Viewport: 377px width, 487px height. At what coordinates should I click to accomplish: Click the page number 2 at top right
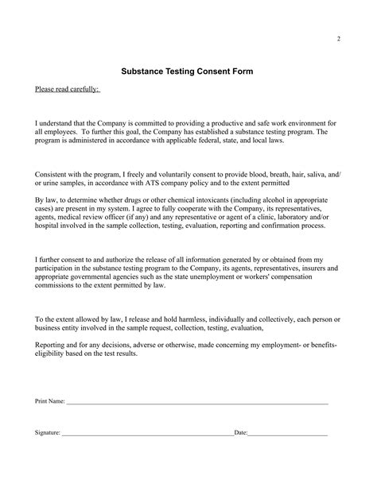click(x=338, y=38)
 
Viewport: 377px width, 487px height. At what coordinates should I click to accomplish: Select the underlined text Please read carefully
click(x=66, y=89)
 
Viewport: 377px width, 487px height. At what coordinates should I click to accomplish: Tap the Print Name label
click(x=50, y=402)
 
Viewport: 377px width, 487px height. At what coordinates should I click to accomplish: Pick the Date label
click(x=240, y=434)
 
